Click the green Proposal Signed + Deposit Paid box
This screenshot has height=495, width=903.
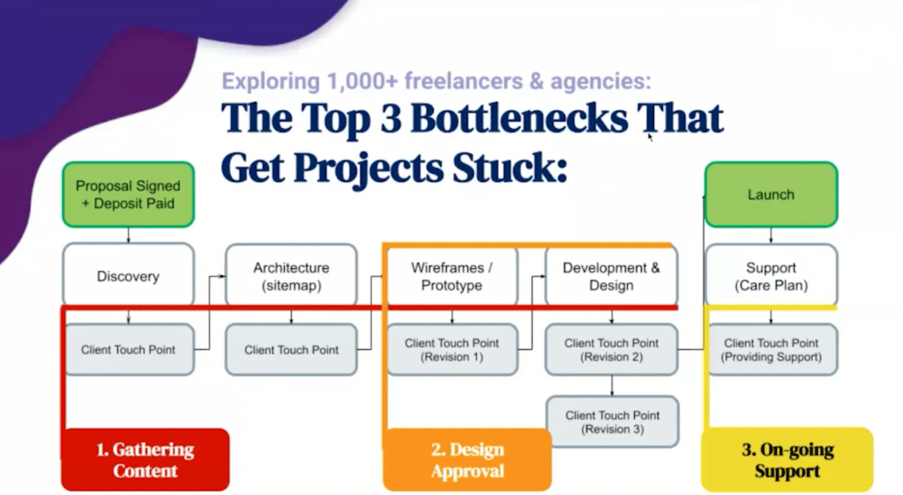(x=128, y=194)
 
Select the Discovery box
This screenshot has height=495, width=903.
(x=128, y=276)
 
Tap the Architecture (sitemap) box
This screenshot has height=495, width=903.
(x=291, y=276)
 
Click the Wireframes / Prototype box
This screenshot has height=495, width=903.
(x=451, y=276)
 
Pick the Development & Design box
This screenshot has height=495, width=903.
(x=611, y=276)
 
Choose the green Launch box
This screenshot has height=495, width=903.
(x=771, y=194)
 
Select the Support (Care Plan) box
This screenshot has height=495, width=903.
(x=771, y=276)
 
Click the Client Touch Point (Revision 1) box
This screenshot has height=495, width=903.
(x=451, y=349)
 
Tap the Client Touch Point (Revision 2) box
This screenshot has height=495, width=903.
(x=611, y=349)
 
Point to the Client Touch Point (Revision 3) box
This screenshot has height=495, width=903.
(x=611, y=422)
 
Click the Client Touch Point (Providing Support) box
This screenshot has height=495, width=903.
(x=771, y=349)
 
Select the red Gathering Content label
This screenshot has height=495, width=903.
(x=145, y=460)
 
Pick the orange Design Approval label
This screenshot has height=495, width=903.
(x=467, y=460)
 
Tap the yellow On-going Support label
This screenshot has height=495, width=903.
(x=787, y=460)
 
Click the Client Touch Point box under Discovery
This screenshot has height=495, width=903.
(x=128, y=349)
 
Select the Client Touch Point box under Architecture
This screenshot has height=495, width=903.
(x=291, y=349)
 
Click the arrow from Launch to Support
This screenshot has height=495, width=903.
(x=772, y=235)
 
